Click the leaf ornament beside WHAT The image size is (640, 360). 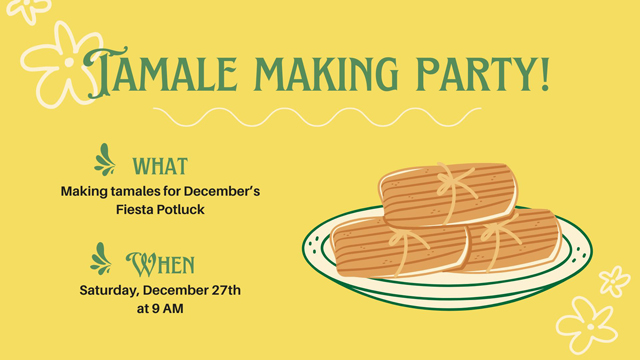(105, 160)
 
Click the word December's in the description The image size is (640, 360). (221, 191)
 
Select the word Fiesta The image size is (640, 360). (139, 210)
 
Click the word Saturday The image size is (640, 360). (109, 290)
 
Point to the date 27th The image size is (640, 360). (221, 290)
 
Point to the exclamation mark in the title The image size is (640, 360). (544, 73)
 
